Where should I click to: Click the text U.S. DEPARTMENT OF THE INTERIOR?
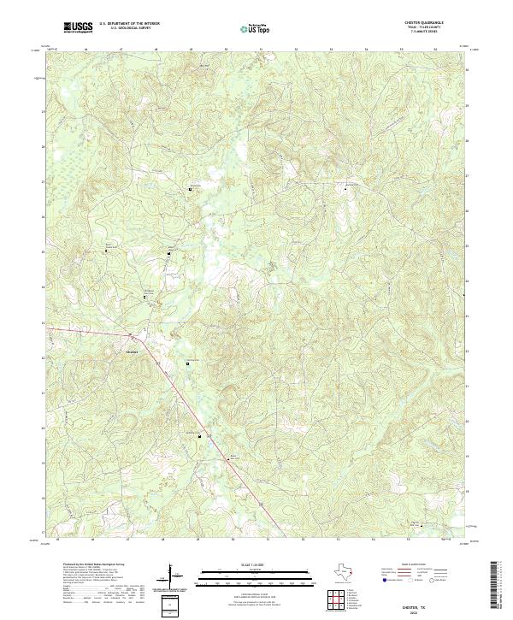point(128,24)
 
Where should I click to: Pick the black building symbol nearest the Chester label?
point(187,363)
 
